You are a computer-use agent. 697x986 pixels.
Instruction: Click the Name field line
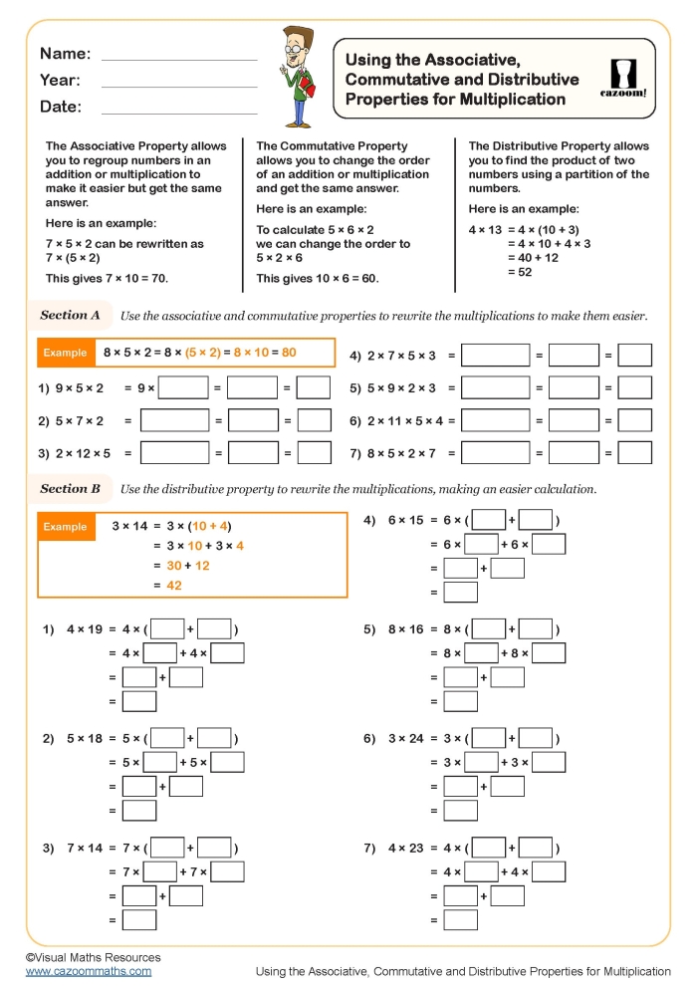point(179,60)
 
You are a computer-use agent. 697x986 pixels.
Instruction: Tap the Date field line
point(179,113)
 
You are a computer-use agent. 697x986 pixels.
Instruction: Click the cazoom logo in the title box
point(623,78)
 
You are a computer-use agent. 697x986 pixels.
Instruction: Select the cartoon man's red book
point(307,89)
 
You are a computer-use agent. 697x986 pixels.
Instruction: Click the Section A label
point(70,316)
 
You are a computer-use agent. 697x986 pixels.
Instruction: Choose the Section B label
point(70,489)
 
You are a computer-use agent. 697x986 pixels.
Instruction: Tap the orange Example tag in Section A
point(66,353)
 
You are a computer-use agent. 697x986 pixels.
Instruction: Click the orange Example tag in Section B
point(66,526)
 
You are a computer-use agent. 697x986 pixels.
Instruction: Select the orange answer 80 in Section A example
point(289,353)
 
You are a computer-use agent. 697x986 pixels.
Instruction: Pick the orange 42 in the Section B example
point(173,586)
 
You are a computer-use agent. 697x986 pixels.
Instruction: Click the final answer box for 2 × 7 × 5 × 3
point(634,356)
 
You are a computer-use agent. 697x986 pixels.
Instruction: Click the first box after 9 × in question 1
point(183,388)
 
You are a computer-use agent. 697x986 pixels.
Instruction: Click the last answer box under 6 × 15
point(460,593)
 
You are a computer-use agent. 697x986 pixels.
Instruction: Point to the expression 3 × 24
point(406,739)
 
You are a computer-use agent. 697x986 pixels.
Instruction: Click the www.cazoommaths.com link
point(89,971)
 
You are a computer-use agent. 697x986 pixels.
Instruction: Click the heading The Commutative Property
point(332,145)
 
